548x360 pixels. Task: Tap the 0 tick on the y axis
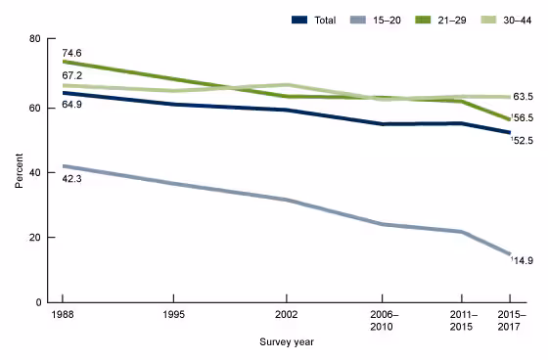pos(37,303)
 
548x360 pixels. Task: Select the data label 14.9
pos(523,260)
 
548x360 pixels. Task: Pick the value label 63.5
pos(524,97)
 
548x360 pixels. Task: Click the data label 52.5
pos(523,141)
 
